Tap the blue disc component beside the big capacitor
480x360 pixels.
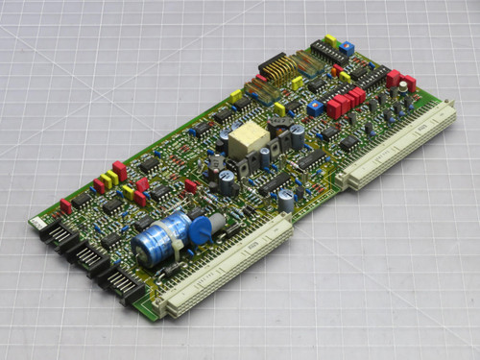(x=200, y=231)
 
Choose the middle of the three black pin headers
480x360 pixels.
(x=92, y=257)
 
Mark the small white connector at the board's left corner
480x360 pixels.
(x=36, y=223)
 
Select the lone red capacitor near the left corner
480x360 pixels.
(x=66, y=205)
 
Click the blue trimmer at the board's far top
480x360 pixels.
(x=347, y=47)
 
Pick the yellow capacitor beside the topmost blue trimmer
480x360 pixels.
(x=331, y=40)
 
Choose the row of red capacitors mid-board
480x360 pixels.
(x=346, y=102)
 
